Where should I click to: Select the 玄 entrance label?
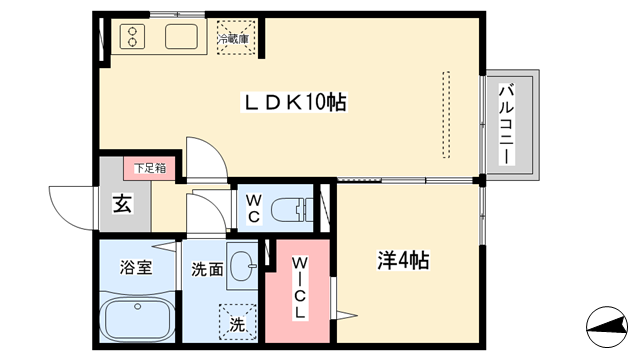coord(121,206)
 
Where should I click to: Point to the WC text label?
coord(253,207)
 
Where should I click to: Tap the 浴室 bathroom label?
coord(137,267)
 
